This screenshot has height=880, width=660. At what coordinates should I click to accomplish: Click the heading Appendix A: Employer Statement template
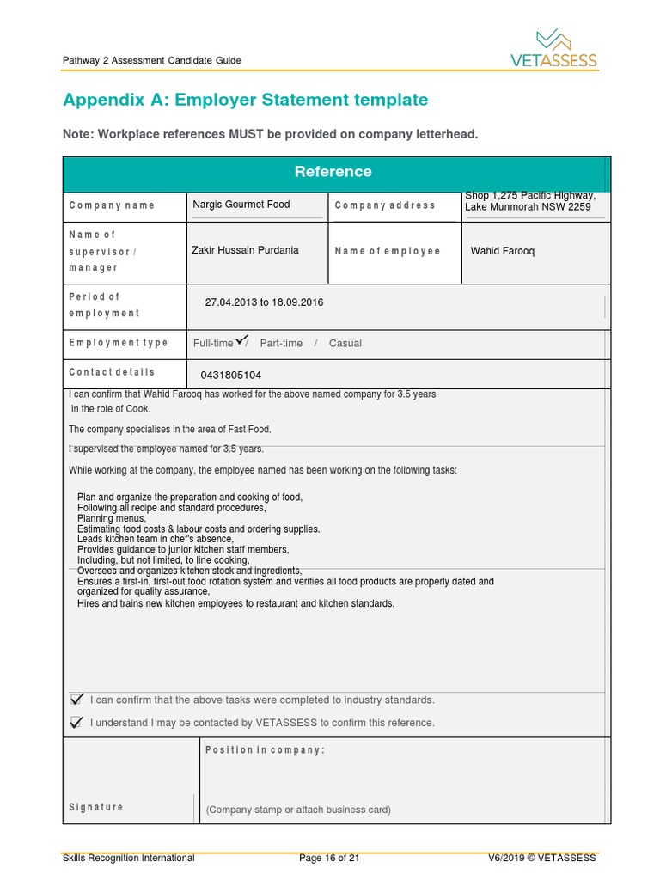click(245, 100)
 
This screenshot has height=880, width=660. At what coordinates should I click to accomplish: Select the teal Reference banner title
click(333, 172)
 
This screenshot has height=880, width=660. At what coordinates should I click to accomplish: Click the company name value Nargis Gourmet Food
click(241, 205)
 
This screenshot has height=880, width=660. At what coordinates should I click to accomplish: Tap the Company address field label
click(384, 205)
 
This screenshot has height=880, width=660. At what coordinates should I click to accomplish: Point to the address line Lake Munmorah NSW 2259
click(528, 207)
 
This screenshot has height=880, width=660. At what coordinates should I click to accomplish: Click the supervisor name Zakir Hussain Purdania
click(245, 250)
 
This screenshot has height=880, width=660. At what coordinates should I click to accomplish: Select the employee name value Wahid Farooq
click(502, 251)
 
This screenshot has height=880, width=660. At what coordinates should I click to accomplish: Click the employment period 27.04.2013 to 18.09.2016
click(264, 302)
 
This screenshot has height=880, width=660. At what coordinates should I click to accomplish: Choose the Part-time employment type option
click(281, 343)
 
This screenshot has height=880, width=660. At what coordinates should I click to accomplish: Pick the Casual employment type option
click(345, 343)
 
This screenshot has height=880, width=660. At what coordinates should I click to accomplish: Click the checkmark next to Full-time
click(241, 339)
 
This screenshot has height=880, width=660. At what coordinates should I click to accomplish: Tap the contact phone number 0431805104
click(230, 376)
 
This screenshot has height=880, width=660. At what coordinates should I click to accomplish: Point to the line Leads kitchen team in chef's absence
click(155, 540)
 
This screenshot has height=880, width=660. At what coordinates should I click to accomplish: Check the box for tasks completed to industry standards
click(77, 699)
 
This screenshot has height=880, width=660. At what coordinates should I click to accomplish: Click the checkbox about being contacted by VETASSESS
click(77, 722)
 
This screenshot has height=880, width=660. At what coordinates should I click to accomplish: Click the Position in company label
click(265, 750)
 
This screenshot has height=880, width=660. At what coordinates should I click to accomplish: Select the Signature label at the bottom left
click(95, 807)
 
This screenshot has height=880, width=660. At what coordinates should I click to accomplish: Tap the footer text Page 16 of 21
click(329, 858)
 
